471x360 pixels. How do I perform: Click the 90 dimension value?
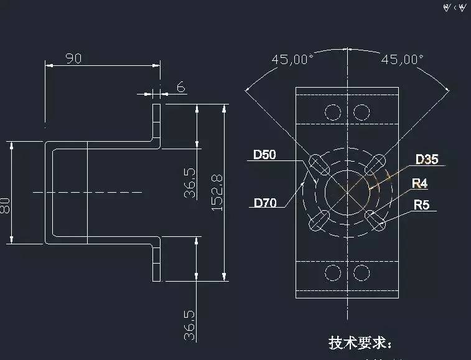pyautogui.click(x=73, y=58)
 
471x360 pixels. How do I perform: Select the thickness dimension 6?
pyautogui.click(x=180, y=87)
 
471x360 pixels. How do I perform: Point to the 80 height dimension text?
pyautogui.click(x=6, y=206)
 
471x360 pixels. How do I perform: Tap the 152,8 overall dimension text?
pyautogui.click(x=218, y=192)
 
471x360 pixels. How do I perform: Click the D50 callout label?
pyautogui.click(x=264, y=155)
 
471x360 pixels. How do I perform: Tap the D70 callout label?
pyautogui.click(x=264, y=202)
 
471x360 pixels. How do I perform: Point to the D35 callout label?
pyautogui.click(x=427, y=159)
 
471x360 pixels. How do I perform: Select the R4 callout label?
pyautogui.click(x=421, y=183)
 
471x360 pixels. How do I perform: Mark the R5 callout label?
pyautogui.click(x=421, y=205)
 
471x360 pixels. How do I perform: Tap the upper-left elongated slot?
pyautogui.click(x=319, y=164)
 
